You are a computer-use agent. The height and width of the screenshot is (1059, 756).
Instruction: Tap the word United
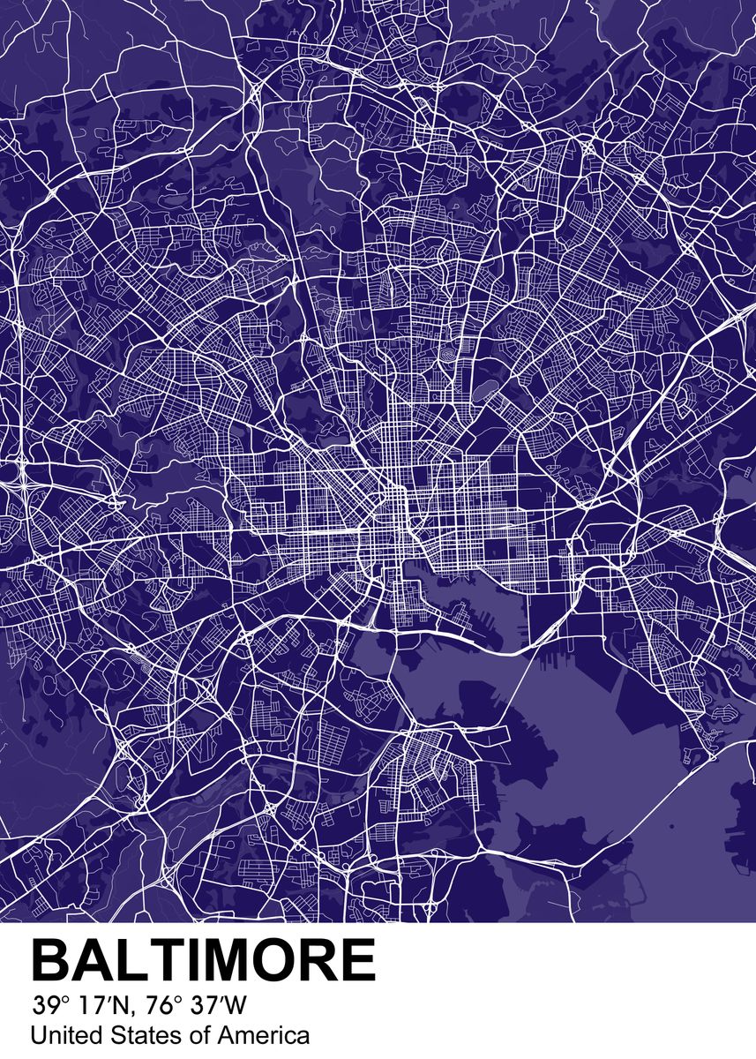pyautogui.click(x=60, y=1035)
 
